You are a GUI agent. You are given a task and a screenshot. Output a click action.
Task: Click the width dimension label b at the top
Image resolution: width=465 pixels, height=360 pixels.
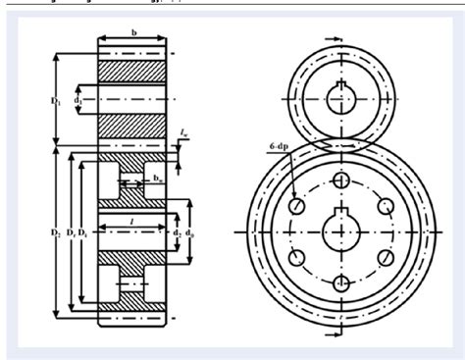(x=134, y=32)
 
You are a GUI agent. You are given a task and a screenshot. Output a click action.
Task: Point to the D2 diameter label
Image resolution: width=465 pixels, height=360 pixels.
(x=56, y=232)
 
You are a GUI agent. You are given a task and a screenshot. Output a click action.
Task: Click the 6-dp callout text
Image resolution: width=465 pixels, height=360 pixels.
(x=280, y=145)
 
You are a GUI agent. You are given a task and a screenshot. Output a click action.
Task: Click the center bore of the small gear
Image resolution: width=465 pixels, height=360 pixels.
(x=344, y=97)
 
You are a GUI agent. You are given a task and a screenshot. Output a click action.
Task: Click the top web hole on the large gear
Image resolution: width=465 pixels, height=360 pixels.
(x=340, y=180)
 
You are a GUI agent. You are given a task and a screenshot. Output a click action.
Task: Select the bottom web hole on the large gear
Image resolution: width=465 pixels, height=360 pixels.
(x=340, y=283)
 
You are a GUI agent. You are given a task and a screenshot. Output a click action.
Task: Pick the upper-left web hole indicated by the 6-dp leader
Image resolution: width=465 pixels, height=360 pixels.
(x=296, y=206)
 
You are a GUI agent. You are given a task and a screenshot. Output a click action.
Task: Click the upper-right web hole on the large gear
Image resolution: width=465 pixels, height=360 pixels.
(x=386, y=206)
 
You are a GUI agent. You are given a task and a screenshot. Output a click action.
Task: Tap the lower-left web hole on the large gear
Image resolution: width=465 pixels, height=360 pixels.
(x=296, y=258)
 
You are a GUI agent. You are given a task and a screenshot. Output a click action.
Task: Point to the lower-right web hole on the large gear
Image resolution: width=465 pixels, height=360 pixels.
(x=386, y=258)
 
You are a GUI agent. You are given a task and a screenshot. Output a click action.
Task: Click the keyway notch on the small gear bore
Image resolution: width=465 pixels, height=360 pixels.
(x=344, y=84)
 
